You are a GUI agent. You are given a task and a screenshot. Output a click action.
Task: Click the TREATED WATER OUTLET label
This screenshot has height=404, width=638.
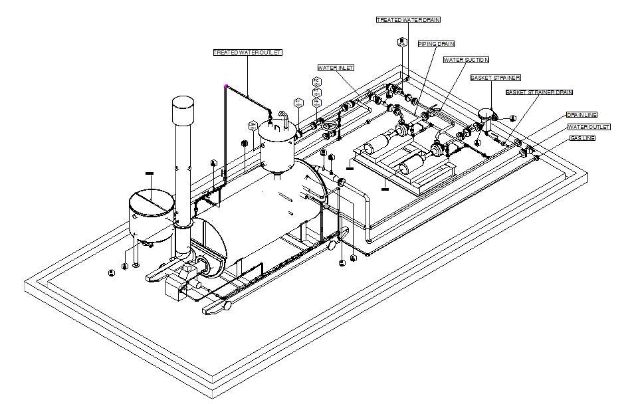(x=247, y=52)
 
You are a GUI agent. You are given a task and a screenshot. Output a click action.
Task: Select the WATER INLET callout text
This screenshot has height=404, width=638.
(x=336, y=68)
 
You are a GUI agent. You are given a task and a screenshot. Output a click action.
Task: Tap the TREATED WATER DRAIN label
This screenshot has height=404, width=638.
(x=408, y=20)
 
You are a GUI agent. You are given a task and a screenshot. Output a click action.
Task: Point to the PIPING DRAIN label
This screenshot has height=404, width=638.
(x=436, y=44)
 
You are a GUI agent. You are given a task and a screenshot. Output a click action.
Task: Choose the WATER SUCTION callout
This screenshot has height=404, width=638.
(x=467, y=60)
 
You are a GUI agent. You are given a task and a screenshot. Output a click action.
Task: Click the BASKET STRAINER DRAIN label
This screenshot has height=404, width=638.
(x=539, y=92)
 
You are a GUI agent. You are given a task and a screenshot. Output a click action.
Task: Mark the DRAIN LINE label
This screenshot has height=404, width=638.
(x=582, y=115)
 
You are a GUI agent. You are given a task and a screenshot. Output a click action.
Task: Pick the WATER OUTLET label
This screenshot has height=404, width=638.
(x=588, y=127)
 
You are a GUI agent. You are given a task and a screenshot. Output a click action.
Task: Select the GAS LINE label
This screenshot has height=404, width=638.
(x=582, y=138)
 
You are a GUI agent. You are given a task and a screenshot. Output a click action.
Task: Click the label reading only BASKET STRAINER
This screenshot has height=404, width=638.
(x=495, y=78)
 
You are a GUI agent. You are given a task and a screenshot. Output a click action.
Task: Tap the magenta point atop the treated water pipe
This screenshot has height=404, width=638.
(x=226, y=86)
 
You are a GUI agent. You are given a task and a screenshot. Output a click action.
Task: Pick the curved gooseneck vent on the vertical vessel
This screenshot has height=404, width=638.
(x=284, y=118)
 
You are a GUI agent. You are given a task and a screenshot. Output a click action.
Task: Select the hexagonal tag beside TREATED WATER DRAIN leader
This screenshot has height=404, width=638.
(x=401, y=43)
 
